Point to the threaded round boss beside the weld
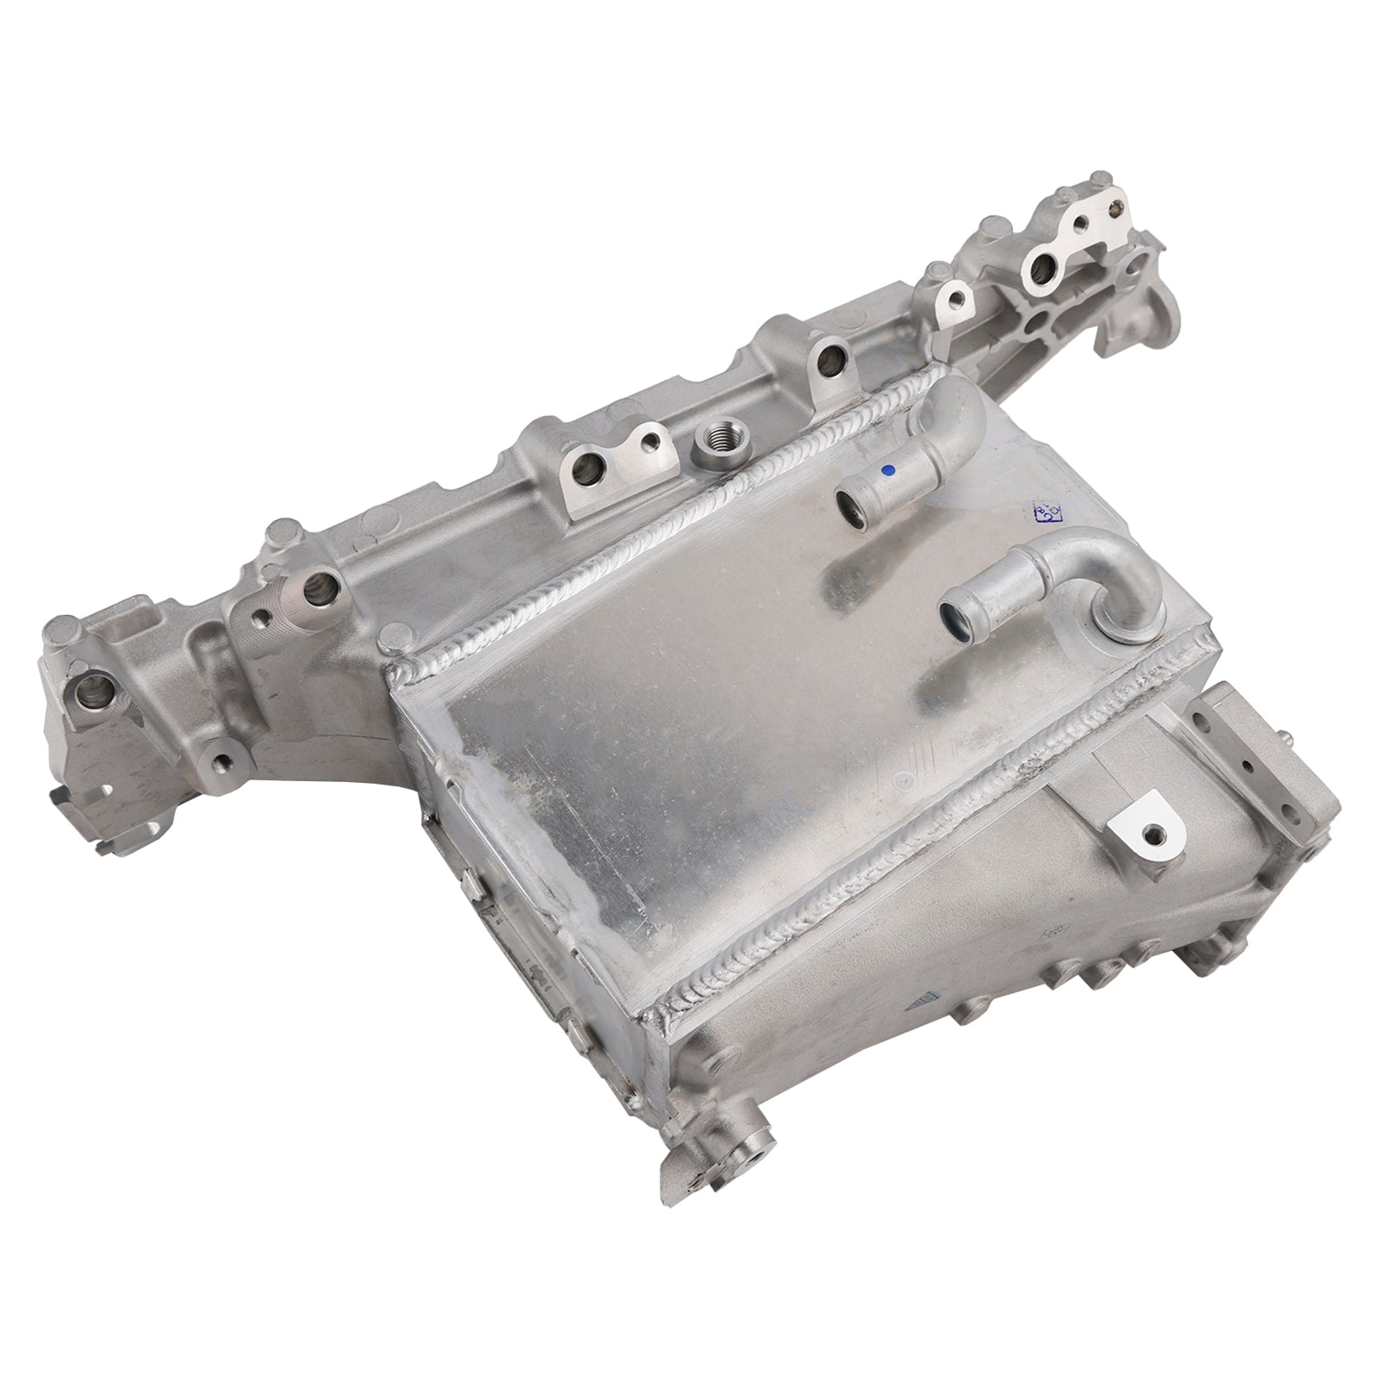click(x=712, y=449)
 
